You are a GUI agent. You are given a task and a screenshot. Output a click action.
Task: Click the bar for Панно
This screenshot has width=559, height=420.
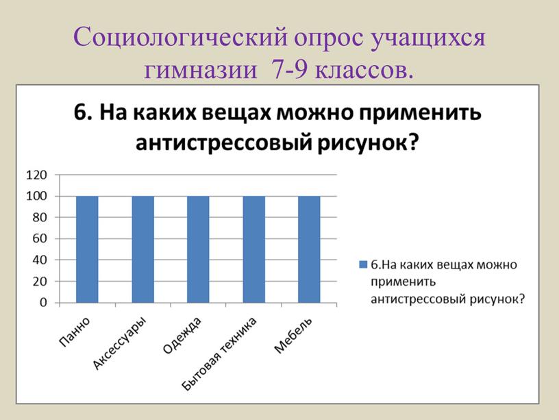(88, 249)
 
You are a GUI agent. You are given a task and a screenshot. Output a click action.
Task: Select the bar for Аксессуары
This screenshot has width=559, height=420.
(143, 249)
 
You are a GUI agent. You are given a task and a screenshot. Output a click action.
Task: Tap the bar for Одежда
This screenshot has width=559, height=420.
(198, 249)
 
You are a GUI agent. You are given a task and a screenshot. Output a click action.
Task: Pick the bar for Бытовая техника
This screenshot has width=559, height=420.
(254, 249)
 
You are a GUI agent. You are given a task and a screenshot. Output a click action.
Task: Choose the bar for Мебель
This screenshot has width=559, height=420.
(309, 249)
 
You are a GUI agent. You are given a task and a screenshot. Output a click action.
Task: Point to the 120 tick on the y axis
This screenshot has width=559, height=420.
(36, 175)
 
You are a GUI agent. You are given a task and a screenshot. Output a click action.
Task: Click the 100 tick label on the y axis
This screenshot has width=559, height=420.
(36, 196)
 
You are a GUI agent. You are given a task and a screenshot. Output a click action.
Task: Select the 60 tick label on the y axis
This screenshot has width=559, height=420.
(40, 238)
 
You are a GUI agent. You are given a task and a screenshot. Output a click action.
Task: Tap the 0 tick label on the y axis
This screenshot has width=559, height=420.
(43, 303)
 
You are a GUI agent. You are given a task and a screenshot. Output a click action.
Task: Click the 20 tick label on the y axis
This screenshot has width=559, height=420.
(40, 282)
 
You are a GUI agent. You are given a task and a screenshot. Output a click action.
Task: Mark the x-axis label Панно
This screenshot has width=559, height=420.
(74, 332)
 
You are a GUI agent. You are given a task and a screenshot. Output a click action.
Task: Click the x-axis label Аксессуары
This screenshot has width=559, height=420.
(119, 343)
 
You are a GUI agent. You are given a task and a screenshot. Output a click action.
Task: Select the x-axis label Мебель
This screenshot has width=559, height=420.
(293, 335)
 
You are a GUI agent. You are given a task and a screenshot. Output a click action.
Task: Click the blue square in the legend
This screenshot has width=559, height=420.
(363, 264)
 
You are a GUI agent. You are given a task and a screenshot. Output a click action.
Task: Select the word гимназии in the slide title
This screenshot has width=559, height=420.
(201, 71)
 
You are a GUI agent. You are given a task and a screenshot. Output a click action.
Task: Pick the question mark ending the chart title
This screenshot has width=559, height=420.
(412, 143)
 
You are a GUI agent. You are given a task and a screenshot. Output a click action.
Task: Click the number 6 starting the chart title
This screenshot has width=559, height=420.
(80, 112)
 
